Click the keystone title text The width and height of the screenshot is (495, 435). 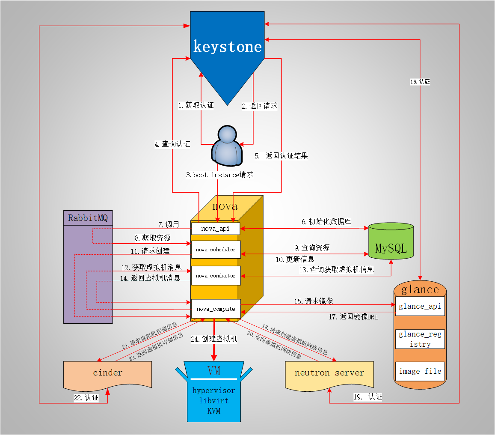pyautogui.click(x=227, y=46)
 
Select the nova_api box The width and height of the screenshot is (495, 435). pyautogui.click(x=216, y=229)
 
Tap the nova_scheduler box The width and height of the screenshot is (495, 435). pyautogui.click(x=216, y=250)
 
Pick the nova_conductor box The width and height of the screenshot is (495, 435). pyautogui.click(x=216, y=276)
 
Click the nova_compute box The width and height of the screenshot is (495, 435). pyautogui.click(x=216, y=309)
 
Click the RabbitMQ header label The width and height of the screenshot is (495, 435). pyautogui.click(x=88, y=218)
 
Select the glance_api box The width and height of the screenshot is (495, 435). pyautogui.click(x=420, y=307)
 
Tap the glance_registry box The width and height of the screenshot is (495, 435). pyautogui.click(x=420, y=339)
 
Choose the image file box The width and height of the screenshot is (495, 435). pyautogui.click(x=420, y=372)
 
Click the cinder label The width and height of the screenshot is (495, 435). pyautogui.click(x=107, y=372)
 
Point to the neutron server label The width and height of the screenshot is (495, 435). pyautogui.click(x=329, y=372)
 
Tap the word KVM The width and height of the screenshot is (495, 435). pyautogui.click(x=213, y=411)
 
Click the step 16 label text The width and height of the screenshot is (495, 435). pyautogui.click(x=420, y=81)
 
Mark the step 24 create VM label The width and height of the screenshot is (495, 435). pyautogui.click(x=214, y=339)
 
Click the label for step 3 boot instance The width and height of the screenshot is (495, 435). pyautogui.click(x=219, y=175)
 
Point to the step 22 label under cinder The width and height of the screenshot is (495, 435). pyautogui.click(x=86, y=398)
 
